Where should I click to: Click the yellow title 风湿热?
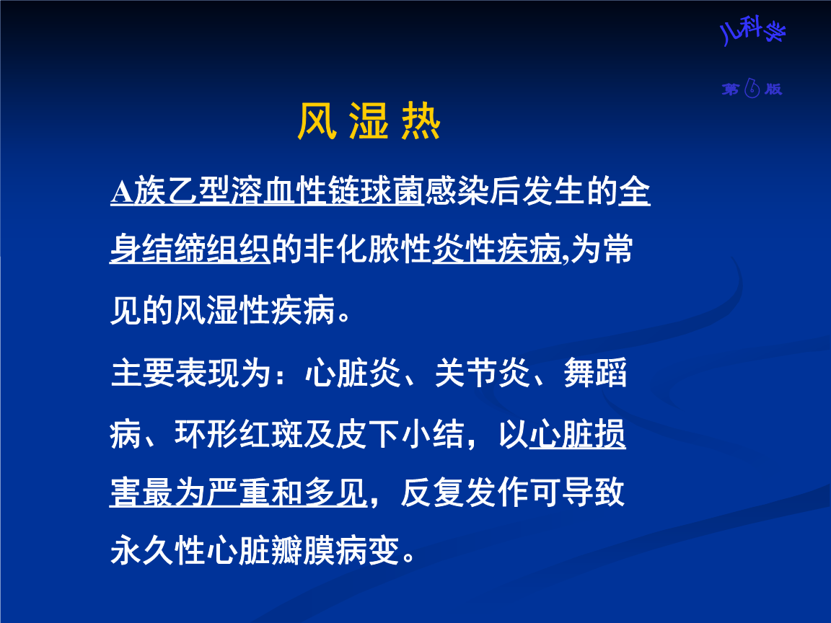tap(369, 123)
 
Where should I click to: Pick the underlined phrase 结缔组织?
tap(206, 252)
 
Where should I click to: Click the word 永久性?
tap(158, 553)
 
